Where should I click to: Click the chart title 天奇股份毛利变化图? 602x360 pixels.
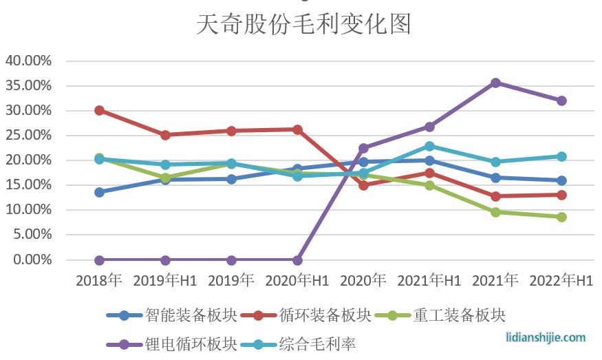[303, 24]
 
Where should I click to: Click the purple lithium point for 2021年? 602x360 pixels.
[495, 83]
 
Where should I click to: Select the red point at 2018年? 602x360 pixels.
[99, 110]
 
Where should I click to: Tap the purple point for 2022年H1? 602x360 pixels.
[561, 100]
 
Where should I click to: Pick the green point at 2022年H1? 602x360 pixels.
[561, 217]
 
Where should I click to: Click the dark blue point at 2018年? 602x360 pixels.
[99, 192]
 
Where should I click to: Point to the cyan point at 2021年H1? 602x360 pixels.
[429, 146]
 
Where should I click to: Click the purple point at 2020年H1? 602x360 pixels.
[297, 260]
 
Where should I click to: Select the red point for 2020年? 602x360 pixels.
[363, 185]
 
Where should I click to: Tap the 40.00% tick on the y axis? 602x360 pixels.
[29, 61]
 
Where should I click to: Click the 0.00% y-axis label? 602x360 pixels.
[32, 260]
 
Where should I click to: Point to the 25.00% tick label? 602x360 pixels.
[29, 135]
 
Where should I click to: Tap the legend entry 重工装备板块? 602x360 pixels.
[460, 315]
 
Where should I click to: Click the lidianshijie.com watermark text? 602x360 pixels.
[546, 337]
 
